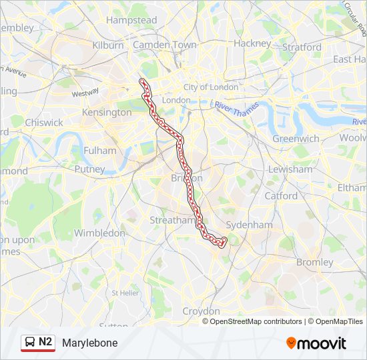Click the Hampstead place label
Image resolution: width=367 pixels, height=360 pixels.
(x=131, y=21)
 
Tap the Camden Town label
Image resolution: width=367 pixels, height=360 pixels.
(x=165, y=45)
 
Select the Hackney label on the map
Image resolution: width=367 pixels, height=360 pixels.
(x=252, y=43)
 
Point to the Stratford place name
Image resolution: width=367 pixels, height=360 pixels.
(x=302, y=47)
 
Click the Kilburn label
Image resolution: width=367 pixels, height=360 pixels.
(x=108, y=45)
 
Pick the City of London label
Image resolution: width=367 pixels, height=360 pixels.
(x=211, y=87)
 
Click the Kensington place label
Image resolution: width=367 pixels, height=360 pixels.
(x=106, y=113)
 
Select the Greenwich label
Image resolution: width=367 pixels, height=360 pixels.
(x=296, y=139)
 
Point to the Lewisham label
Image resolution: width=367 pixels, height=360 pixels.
(x=290, y=169)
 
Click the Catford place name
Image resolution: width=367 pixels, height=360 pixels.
(x=281, y=196)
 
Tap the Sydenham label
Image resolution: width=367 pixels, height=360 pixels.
(x=249, y=225)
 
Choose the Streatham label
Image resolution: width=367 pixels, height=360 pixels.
(x=172, y=220)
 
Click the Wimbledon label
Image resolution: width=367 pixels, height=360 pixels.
(x=99, y=233)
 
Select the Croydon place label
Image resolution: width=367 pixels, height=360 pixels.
(x=201, y=311)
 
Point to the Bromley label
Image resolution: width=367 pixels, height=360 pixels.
(x=314, y=262)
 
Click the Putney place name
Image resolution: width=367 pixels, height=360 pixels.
(x=89, y=169)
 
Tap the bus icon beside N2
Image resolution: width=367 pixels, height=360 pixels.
(x=30, y=343)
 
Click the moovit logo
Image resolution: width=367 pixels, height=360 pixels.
(x=316, y=343)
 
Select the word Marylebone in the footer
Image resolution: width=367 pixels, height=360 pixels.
(x=89, y=343)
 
